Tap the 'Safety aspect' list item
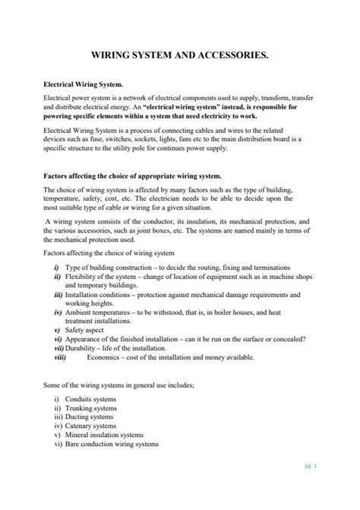(x=88, y=331)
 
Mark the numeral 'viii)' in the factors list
(x=62, y=356)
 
